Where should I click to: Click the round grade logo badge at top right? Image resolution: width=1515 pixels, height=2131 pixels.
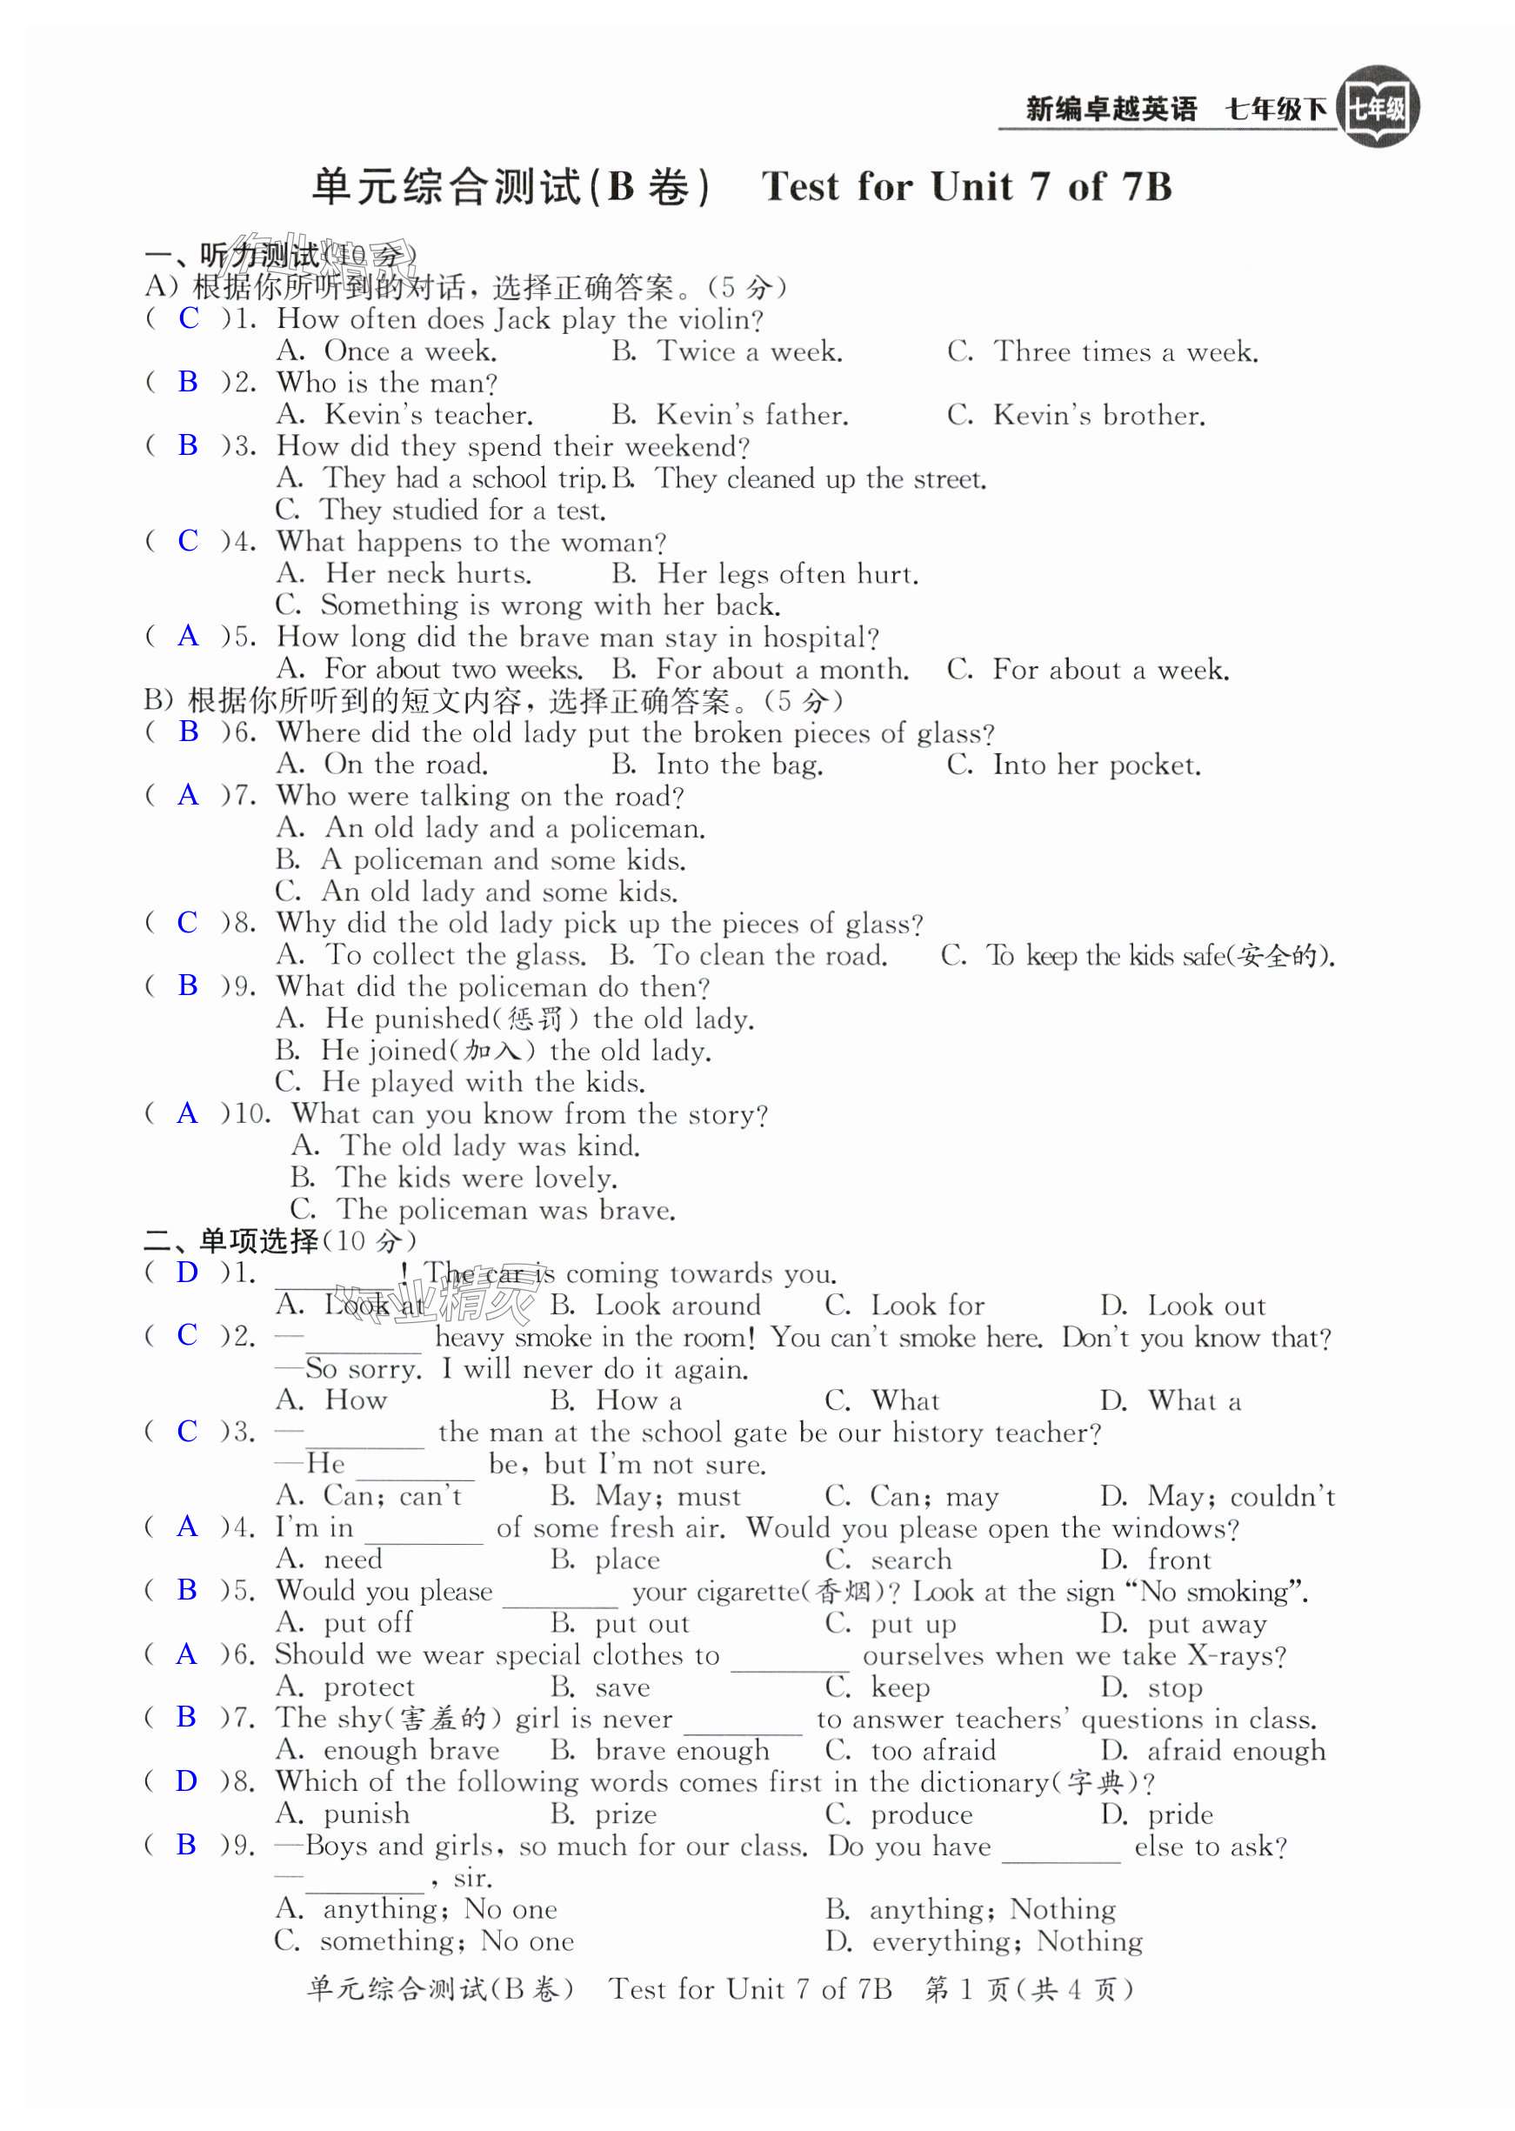pyautogui.click(x=1377, y=107)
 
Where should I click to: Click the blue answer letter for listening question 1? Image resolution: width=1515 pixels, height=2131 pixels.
pyautogui.click(x=189, y=318)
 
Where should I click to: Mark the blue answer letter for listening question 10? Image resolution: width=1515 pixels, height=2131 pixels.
pyautogui.click(x=188, y=1113)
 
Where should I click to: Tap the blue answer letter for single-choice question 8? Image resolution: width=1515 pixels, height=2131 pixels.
pyautogui.click(x=188, y=1781)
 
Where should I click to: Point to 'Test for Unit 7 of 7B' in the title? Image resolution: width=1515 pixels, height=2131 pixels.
pyautogui.click(x=966, y=187)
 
